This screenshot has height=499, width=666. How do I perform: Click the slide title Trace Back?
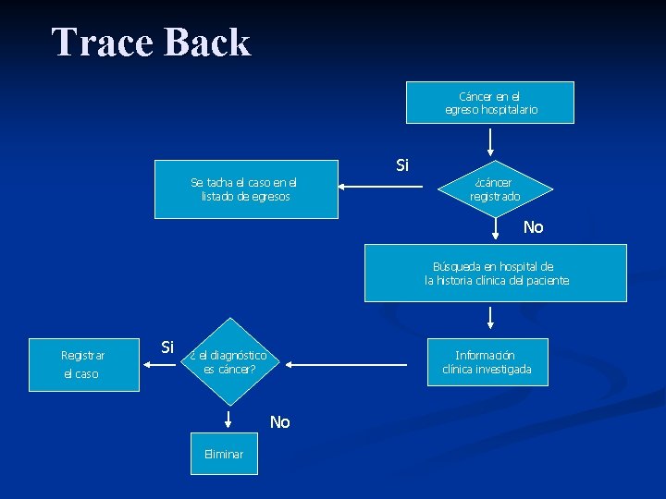[x=151, y=43]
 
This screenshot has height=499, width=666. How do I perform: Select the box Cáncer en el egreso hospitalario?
[x=490, y=103]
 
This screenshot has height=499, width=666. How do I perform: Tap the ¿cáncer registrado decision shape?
[x=495, y=189]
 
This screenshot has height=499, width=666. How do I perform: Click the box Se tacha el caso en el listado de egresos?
[x=246, y=190]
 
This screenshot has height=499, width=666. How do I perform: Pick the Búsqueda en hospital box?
[x=495, y=273]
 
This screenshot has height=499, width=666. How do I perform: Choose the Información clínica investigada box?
[x=487, y=362]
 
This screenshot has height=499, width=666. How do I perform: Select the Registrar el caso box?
[x=84, y=364]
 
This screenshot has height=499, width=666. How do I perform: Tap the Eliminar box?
[x=224, y=454]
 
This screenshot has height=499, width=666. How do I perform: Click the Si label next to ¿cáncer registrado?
[x=402, y=165]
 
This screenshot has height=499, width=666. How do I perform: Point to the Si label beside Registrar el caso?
[x=167, y=347]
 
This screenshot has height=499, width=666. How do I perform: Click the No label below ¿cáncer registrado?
[x=534, y=227]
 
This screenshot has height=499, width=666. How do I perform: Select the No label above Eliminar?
[x=280, y=422]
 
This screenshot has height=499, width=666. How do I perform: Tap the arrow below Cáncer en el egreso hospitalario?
[x=490, y=140]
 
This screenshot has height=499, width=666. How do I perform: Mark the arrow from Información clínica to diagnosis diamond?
[x=347, y=365]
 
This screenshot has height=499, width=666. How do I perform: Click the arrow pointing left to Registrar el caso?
[x=162, y=365]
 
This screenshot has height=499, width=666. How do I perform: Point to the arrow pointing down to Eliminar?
[x=224, y=420]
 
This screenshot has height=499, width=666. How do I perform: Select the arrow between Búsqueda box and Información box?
[x=490, y=319]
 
